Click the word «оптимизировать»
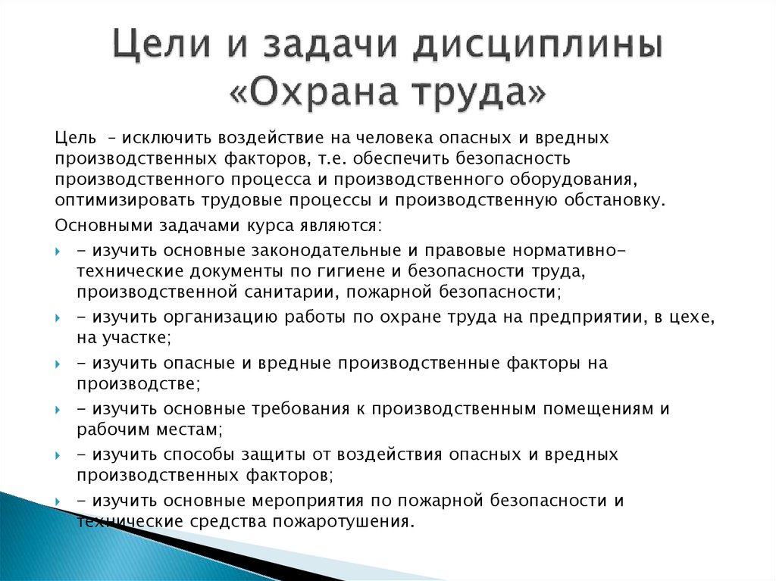pos(124,201)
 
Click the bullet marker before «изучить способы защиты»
pos(58,455)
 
